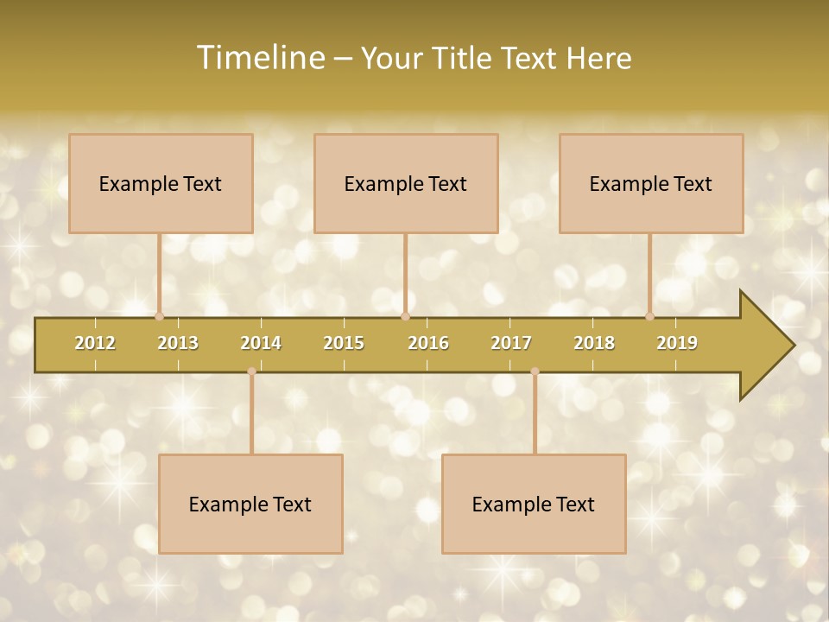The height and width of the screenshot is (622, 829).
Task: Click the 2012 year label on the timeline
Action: tap(95, 343)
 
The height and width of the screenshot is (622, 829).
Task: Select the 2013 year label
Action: tap(178, 343)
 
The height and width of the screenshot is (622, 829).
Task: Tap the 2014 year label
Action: tap(261, 343)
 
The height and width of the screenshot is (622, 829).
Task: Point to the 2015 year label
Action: tap(344, 343)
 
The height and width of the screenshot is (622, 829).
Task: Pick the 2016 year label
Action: tap(428, 343)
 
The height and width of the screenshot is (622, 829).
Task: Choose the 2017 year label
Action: tap(511, 343)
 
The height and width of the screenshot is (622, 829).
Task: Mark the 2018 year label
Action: tap(594, 343)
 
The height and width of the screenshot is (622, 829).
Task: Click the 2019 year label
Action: tap(677, 343)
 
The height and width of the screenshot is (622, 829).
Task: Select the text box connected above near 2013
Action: tap(161, 183)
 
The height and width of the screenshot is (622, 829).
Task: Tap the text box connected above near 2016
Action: tap(406, 183)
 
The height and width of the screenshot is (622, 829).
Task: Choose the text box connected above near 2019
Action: tap(651, 183)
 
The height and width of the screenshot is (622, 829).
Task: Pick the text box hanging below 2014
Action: tap(250, 504)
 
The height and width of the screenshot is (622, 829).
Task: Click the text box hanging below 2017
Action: tap(534, 504)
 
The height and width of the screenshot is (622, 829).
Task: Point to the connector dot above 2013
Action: tap(159, 316)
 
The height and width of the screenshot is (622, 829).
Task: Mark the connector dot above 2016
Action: tap(405, 316)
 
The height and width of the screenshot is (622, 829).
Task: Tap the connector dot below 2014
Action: tap(251, 371)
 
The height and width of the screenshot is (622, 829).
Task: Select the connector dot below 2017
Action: tap(535, 371)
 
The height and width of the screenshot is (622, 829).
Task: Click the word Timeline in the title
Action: tap(259, 58)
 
